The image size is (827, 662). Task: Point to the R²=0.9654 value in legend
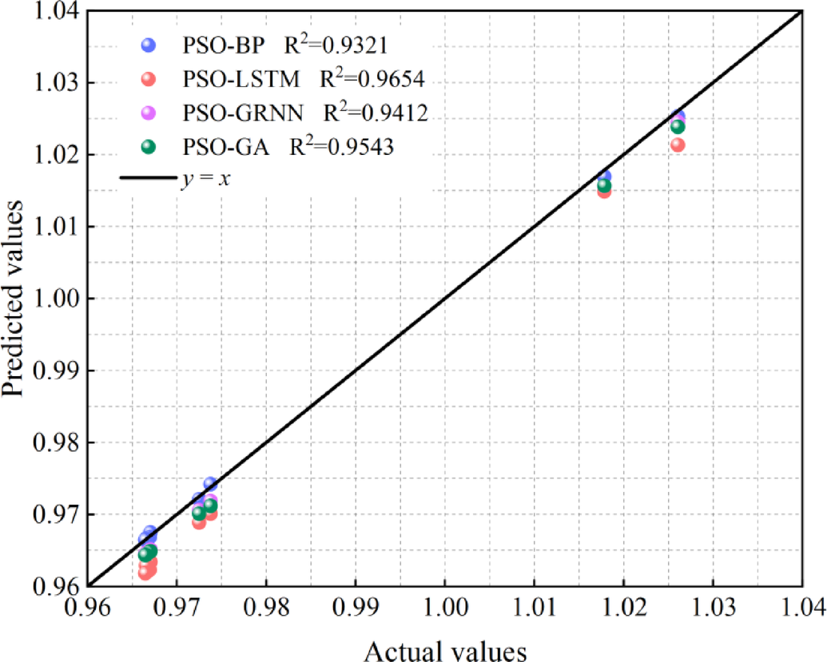(372, 79)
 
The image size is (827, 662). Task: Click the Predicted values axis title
(14, 299)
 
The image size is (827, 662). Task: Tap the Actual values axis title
(446, 649)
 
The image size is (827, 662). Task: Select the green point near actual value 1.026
(678, 126)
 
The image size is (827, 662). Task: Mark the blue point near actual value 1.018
(604, 176)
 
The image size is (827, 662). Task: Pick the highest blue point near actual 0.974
(210, 483)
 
